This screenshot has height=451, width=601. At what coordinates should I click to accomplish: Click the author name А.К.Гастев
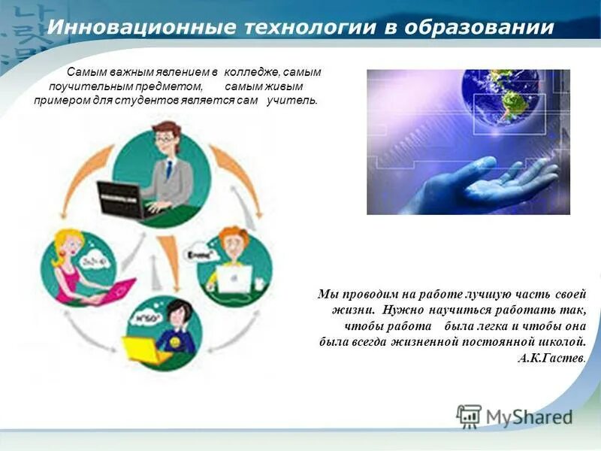coord(551,359)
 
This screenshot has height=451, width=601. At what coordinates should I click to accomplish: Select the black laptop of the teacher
coord(121,198)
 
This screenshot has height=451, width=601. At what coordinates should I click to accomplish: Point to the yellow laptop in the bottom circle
coord(146,349)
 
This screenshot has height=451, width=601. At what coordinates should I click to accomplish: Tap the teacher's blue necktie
coord(170,169)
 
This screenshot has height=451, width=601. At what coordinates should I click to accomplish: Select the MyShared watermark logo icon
coord(469,416)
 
